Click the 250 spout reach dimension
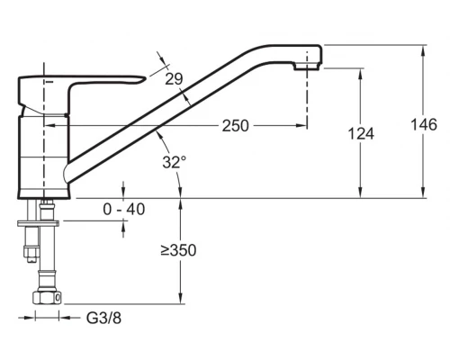coord(236,126)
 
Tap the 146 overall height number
coord(424,124)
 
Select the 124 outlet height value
coord(361,133)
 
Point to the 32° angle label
coord(175,162)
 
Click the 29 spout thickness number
coord(174,79)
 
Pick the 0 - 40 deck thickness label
coord(124,209)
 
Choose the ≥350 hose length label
coord(178,250)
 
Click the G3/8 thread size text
coord(103,318)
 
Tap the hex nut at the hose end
coord(47,298)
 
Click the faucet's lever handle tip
coord(145,78)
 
